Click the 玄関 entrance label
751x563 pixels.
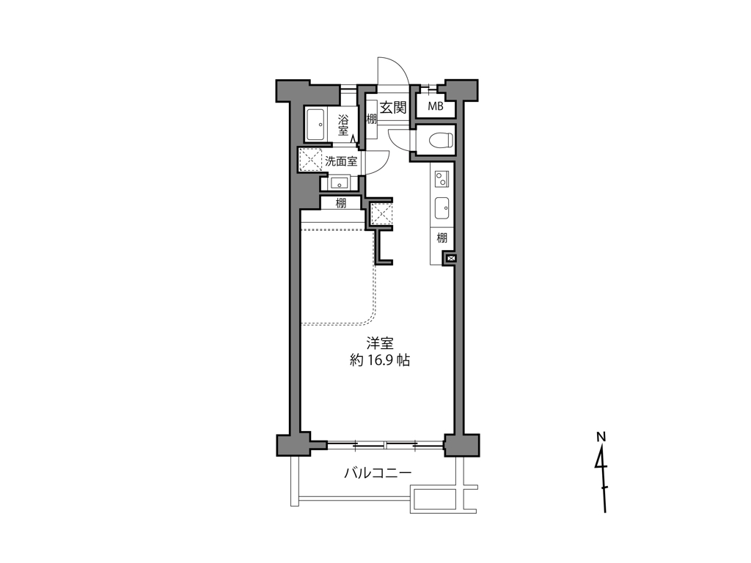coord(393,107)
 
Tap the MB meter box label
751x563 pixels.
coord(436,107)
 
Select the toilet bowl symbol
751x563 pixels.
coord(438,138)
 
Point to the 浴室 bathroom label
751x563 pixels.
coord(343,125)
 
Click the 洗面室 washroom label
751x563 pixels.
coord(341,161)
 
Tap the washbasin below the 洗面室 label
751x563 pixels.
coord(339,183)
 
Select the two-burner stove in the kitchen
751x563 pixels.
coord(442,177)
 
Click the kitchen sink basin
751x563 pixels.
coord(442,208)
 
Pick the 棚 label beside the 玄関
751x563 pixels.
coord(371,119)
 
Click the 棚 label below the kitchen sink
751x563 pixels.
coord(442,238)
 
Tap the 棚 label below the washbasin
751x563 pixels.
coord(341,204)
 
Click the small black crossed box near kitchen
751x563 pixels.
coord(450,258)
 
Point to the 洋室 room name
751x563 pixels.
coord(380,343)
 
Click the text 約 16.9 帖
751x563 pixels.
coord(380,361)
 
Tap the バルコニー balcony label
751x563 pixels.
coord(378,473)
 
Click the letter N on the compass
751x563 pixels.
coord(601,437)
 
